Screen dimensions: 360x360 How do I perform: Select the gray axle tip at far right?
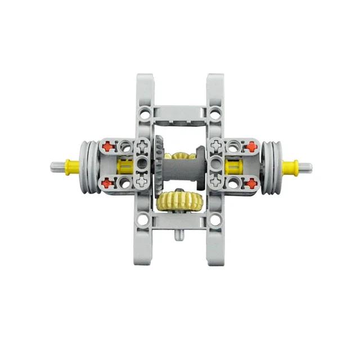pyautogui.click(x=305, y=166)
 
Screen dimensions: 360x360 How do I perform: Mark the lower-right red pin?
pyautogui.click(x=251, y=183)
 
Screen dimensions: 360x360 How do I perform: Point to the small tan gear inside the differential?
pyautogui.click(x=181, y=157)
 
